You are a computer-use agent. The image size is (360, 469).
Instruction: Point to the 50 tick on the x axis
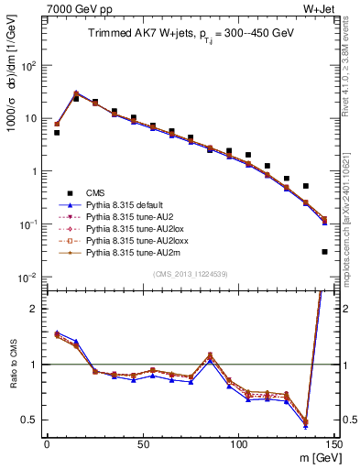(x=142, y=443)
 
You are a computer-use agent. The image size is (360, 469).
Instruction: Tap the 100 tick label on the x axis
(x=238, y=443)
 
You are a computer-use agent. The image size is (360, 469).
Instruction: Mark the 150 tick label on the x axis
(x=333, y=443)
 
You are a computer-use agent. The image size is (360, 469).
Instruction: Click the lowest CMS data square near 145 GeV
(x=324, y=251)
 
